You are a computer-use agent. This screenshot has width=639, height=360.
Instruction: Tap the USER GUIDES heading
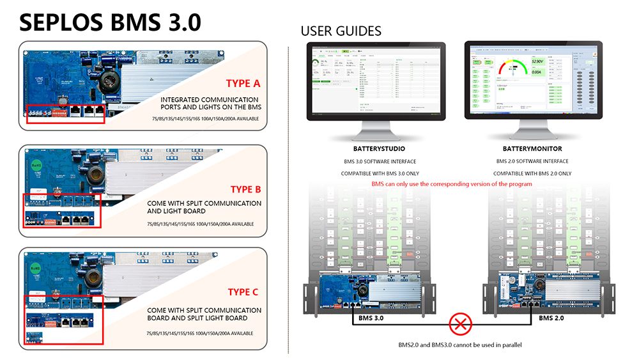341,31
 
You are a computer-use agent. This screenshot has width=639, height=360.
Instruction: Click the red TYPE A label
243,83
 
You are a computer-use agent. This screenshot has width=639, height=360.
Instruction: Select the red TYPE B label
245,189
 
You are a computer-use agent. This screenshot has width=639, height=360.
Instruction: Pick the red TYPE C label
243,292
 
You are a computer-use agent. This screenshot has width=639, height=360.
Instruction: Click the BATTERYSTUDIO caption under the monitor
374,149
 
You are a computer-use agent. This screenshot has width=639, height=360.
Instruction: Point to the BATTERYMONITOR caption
532,149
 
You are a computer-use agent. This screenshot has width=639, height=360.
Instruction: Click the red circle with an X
459,324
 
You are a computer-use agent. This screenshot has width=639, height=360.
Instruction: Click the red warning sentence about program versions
451,184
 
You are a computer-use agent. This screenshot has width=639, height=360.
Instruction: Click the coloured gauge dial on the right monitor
514,67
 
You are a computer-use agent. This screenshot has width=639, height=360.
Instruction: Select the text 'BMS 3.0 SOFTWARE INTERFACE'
374,161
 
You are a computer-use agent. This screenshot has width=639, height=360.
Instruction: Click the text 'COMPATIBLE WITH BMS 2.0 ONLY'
532,173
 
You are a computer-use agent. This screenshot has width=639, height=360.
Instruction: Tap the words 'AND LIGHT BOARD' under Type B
176,211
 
